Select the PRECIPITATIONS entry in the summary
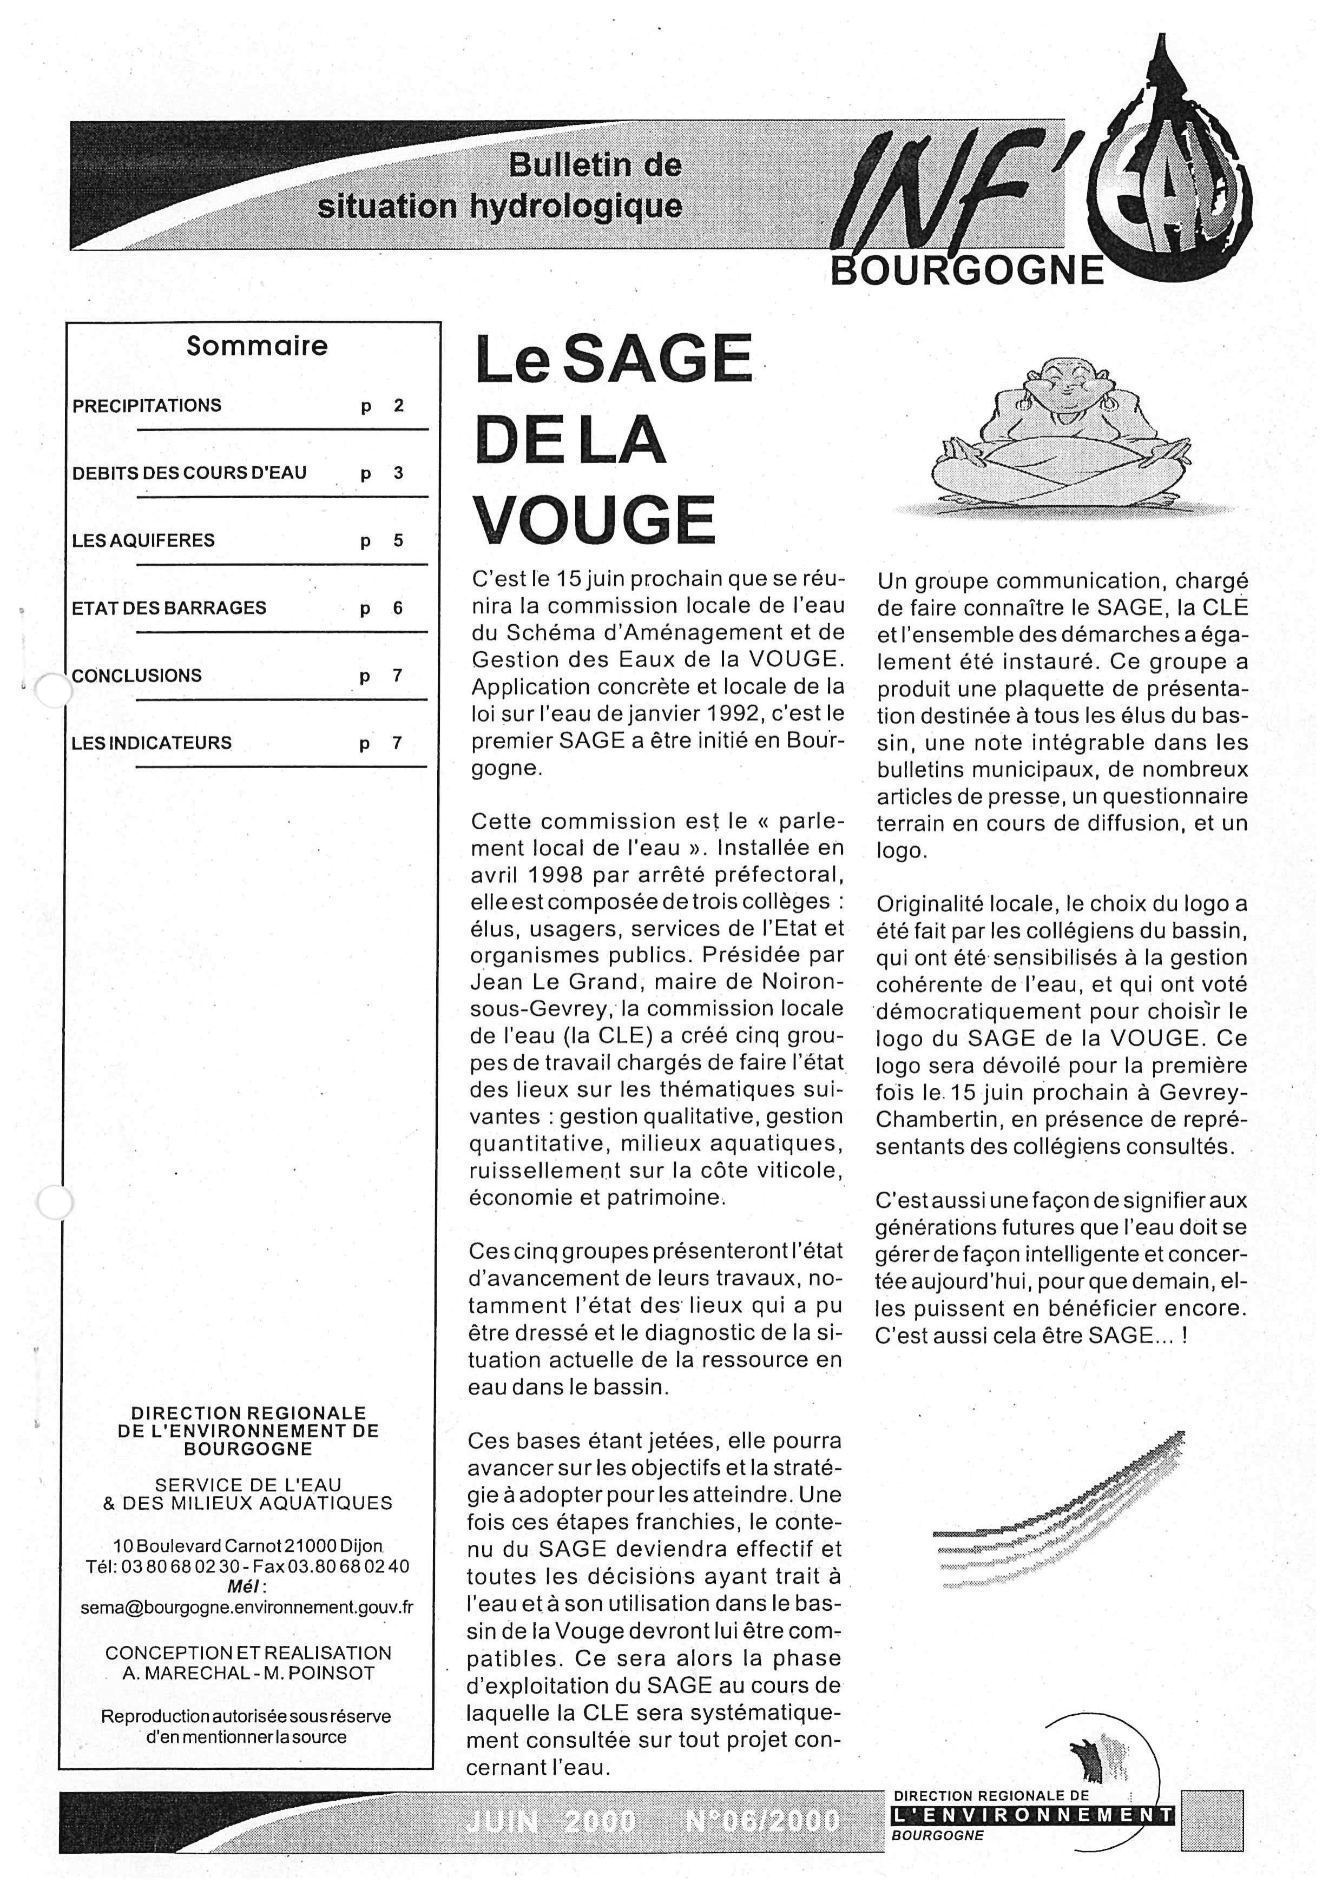point(147,406)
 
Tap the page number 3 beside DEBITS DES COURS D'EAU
point(398,473)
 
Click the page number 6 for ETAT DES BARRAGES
point(398,608)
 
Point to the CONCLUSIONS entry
point(137,675)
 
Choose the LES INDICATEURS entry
point(152,743)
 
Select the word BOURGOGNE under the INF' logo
point(968,271)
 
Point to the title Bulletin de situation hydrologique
point(500,186)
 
